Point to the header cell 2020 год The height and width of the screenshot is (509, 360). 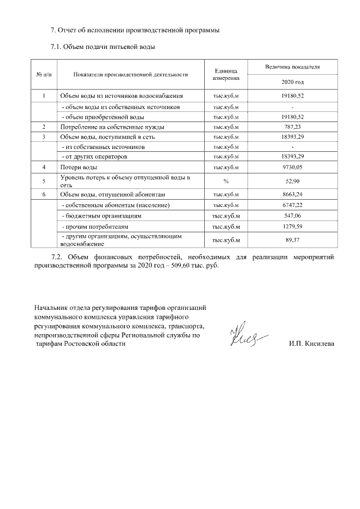pyautogui.click(x=292, y=82)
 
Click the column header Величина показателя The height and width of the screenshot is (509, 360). pyautogui.click(x=292, y=66)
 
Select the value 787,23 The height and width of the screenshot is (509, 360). pyautogui.click(x=292, y=127)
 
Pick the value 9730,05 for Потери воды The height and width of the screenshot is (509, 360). pyautogui.click(x=292, y=168)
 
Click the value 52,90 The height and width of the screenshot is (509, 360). pyautogui.click(x=292, y=181)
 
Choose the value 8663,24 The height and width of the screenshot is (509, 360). pyautogui.click(x=292, y=193)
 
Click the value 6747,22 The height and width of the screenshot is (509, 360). pyautogui.click(x=292, y=205)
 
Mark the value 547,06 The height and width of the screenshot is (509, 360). pyautogui.click(x=292, y=215)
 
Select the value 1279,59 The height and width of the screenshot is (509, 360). pyautogui.click(x=292, y=227)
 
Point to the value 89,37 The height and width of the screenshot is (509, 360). pyautogui.click(x=292, y=240)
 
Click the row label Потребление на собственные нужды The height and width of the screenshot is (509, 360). pyautogui.click(x=106, y=127)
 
